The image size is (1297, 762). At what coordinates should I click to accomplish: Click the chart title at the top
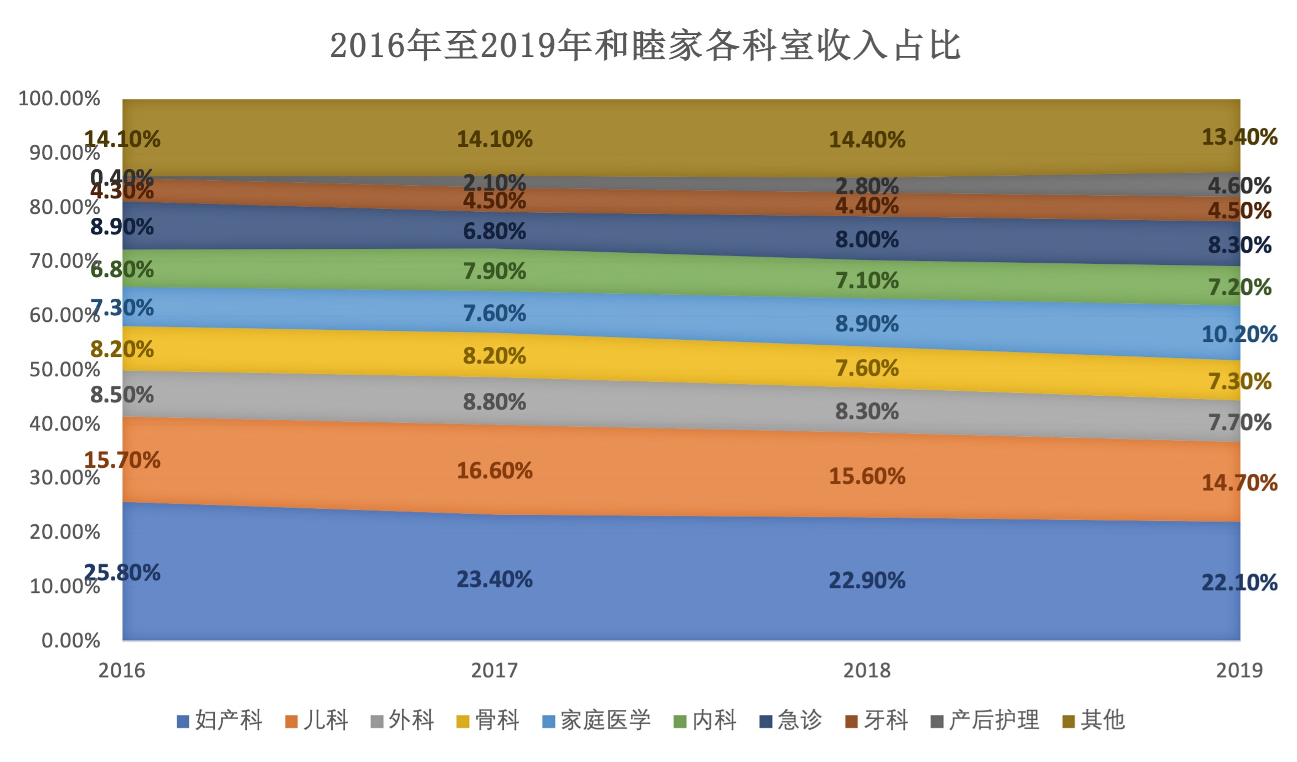pyautogui.click(x=645, y=45)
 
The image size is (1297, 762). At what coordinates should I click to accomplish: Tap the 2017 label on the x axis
pyautogui.click(x=494, y=671)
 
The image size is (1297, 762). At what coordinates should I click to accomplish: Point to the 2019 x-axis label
pyautogui.click(x=1239, y=671)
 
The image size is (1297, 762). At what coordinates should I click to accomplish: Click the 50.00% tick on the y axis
pyautogui.click(x=65, y=370)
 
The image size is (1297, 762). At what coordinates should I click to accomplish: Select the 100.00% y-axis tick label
pyautogui.click(x=59, y=99)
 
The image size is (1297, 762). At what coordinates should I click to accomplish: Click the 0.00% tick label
pyautogui.click(x=71, y=641)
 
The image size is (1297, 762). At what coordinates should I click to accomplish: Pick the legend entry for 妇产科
pyautogui.click(x=219, y=720)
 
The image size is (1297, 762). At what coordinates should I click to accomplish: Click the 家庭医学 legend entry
pyautogui.click(x=596, y=720)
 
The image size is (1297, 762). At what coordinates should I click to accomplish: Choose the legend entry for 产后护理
pyautogui.click(x=985, y=720)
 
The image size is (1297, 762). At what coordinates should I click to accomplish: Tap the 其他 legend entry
pyautogui.click(x=1093, y=720)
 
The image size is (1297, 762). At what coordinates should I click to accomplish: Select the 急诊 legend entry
pyautogui.click(x=791, y=720)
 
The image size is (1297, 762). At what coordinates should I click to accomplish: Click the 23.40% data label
pyautogui.click(x=495, y=580)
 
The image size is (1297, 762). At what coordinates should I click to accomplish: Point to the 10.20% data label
pyautogui.click(x=1239, y=335)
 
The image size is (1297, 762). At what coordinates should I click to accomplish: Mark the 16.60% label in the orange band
pyautogui.click(x=495, y=471)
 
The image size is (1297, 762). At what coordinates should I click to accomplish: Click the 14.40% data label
pyautogui.click(x=867, y=140)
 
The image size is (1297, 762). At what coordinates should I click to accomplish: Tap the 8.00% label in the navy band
pyautogui.click(x=867, y=240)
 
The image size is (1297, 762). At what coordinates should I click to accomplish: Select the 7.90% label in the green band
pyautogui.click(x=495, y=272)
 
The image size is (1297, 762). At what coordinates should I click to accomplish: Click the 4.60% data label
pyautogui.click(x=1239, y=186)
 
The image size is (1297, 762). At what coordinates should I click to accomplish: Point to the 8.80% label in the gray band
pyautogui.click(x=495, y=402)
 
